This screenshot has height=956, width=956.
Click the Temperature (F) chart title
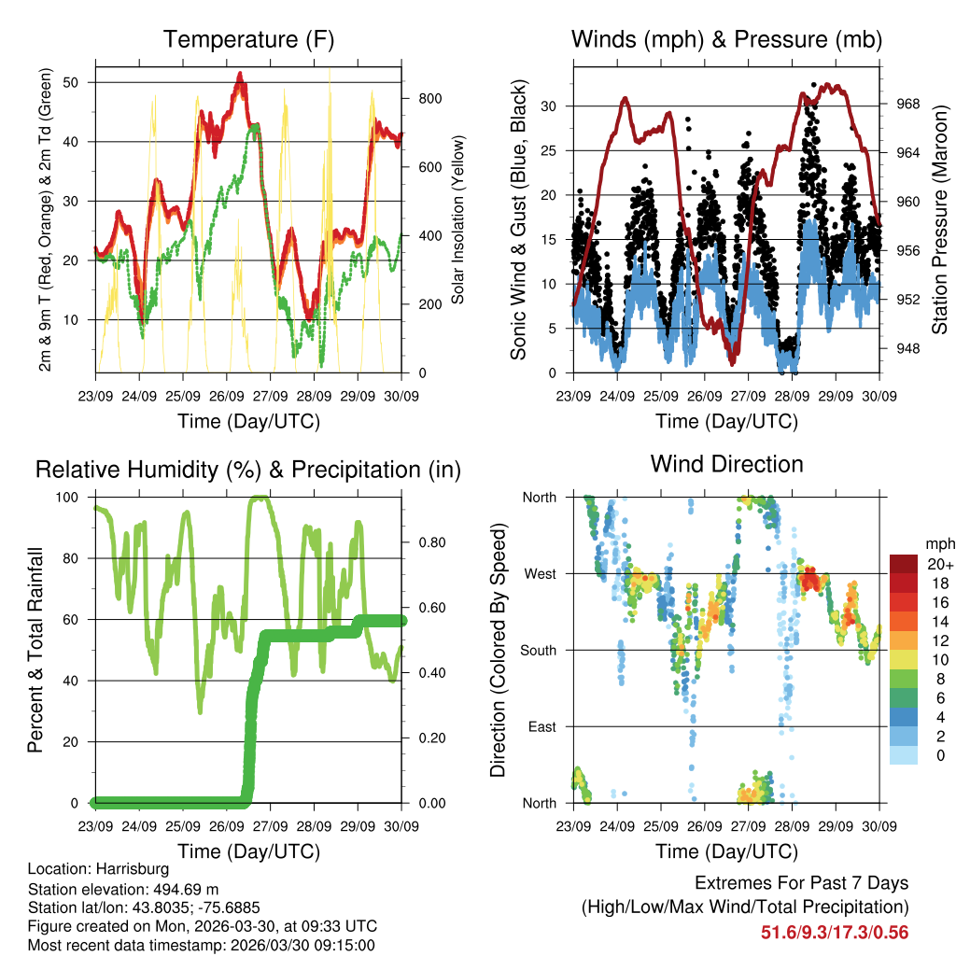pyautogui.click(x=248, y=40)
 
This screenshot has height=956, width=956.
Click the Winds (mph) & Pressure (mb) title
pyautogui.click(x=726, y=40)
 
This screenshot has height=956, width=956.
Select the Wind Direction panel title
pyautogui.click(x=726, y=464)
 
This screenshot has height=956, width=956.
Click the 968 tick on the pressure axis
pyautogui.click(x=896, y=105)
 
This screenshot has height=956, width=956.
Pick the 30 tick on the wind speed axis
pyautogui.click(x=556, y=106)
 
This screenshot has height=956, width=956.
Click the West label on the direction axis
pyautogui.click(x=540, y=573)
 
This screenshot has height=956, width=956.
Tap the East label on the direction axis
pyautogui.click(x=541, y=726)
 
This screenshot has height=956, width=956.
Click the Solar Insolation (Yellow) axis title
pyautogui.click(x=458, y=220)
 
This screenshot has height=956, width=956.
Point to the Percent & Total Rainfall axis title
pyautogui.click(x=36, y=650)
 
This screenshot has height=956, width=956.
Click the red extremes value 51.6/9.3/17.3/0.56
pyautogui.click(x=835, y=932)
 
